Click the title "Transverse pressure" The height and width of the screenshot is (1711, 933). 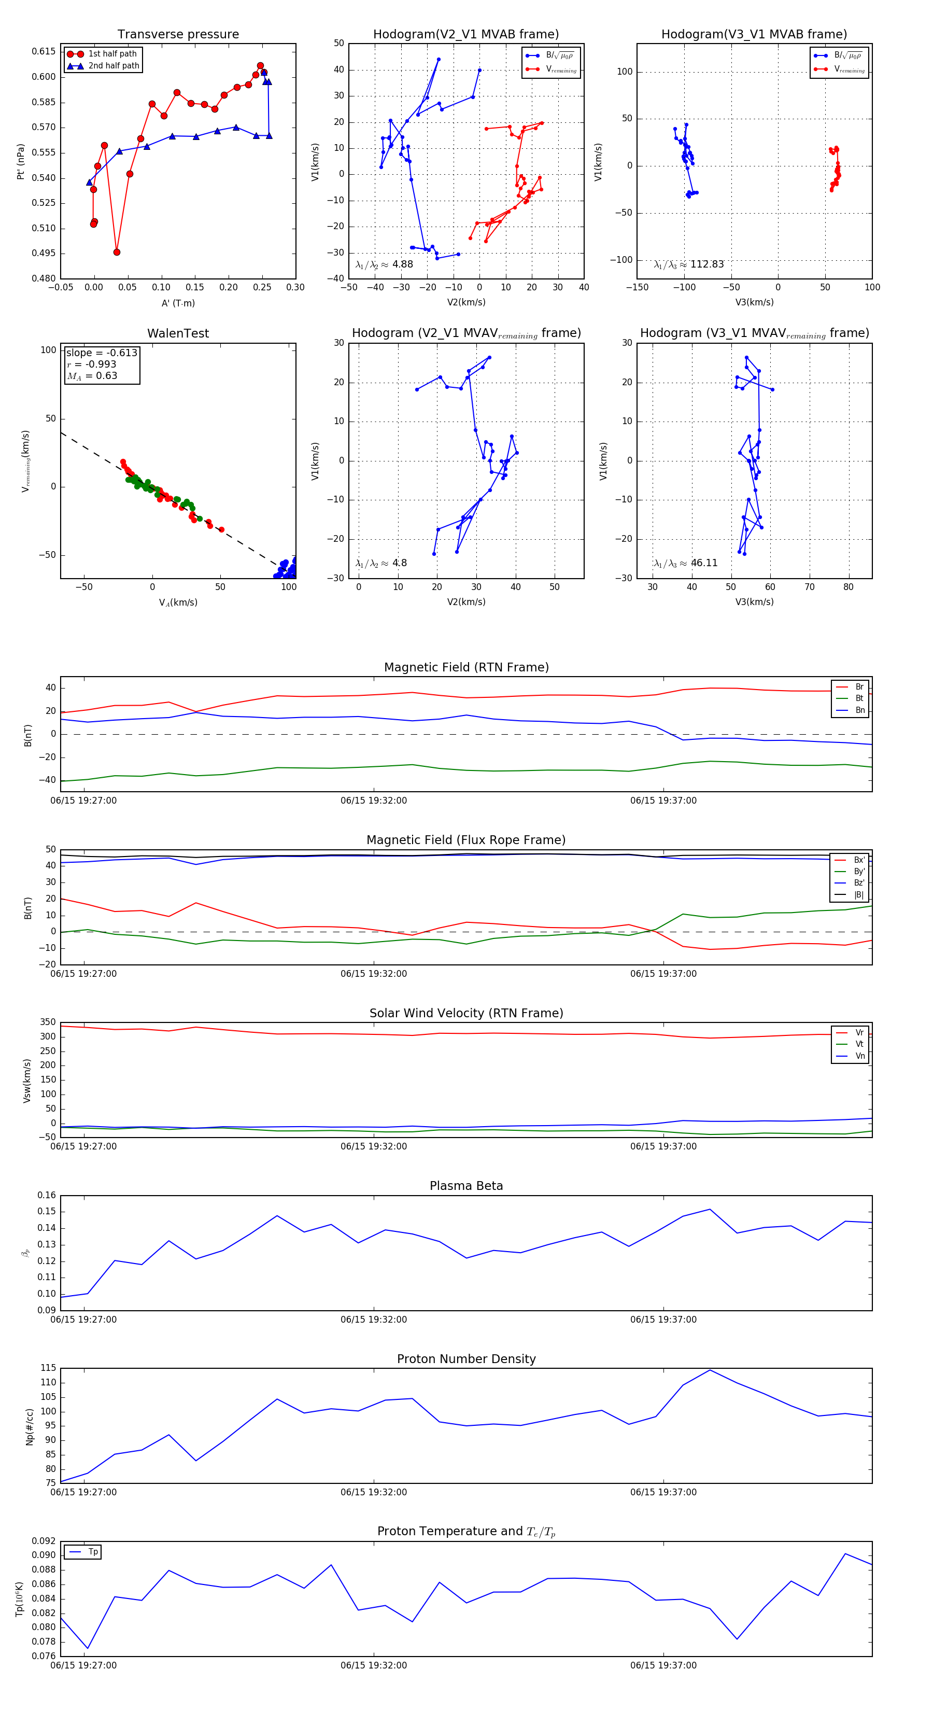pyautogui.click(x=178, y=35)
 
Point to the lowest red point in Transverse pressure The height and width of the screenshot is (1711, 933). pyautogui.click(x=117, y=253)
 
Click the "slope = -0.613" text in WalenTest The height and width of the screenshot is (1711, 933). pyautogui.click(x=102, y=353)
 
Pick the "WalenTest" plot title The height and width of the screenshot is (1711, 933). pyautogui.click(x=178, y=333)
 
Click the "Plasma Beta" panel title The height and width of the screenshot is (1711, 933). pyautogui.click(x=466, y=1186)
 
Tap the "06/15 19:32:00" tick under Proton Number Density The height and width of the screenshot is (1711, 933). pyautogui.click(x=374, y=1493)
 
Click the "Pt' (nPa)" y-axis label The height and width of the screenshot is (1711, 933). pyautogui.click(x=21, y=161)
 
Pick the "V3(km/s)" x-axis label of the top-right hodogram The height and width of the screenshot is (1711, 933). pyautogui.click(x=754, y=302)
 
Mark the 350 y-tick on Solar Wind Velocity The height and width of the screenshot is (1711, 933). pyautogui.click(x=48, y=1022)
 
